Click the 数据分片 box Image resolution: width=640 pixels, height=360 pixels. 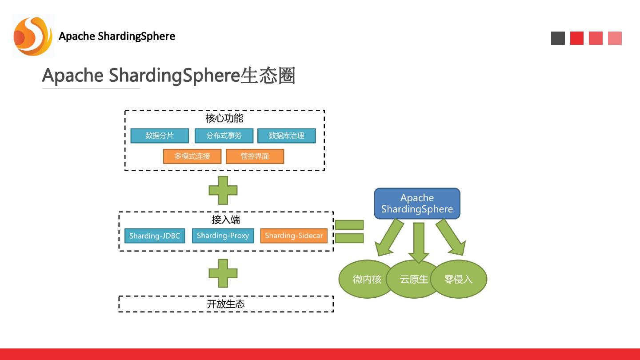[x=160, y=136]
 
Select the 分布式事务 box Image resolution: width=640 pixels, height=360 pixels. [x=224, y=136]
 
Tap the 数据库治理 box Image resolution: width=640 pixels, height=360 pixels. [x=287, y=136]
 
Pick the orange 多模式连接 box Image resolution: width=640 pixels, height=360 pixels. [x=192, y=156]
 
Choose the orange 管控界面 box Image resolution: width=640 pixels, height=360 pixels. [x=255, y=156]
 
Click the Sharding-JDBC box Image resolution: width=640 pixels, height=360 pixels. [x=155, y=236]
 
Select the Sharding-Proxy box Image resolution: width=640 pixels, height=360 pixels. [x=223, y=236]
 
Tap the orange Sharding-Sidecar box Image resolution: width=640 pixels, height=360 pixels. [x=294, y=236]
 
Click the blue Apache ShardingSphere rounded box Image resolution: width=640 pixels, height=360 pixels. [x=417, y=204]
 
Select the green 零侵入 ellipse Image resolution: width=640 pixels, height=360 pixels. [x=459, y=279]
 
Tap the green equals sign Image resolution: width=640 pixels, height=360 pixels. [x=349, y=231]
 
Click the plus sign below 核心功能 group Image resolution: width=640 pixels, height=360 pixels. [x=223, y=191]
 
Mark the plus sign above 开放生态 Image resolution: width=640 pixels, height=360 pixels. [x=223, y=273]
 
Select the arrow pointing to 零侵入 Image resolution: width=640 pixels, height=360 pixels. [x=451, y=238]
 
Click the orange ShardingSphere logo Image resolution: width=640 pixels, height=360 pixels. [x=32, y=36]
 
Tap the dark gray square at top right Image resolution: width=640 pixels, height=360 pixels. [x=558, y=38]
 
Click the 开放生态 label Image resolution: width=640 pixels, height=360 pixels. [x=226, y=304]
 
